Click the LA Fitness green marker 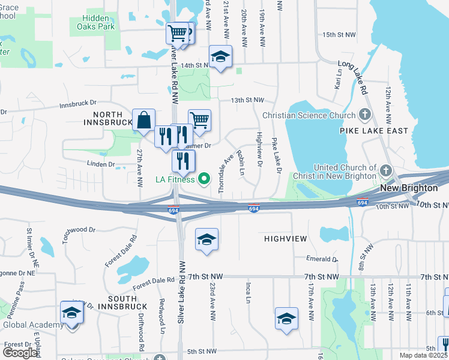pos(204,179)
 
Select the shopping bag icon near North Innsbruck pos(144,120)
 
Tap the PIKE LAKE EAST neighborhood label pos(373,131)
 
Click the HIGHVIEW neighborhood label pos(286,239)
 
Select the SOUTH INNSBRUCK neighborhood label pos(127,298)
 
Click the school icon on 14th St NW pos(220,57)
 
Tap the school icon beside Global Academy pos(71,313)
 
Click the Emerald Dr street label pos(322,259)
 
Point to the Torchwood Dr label pos(79,233)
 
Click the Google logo pos(20,353)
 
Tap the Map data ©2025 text pos(422,355)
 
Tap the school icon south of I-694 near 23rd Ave pos(206,240)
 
